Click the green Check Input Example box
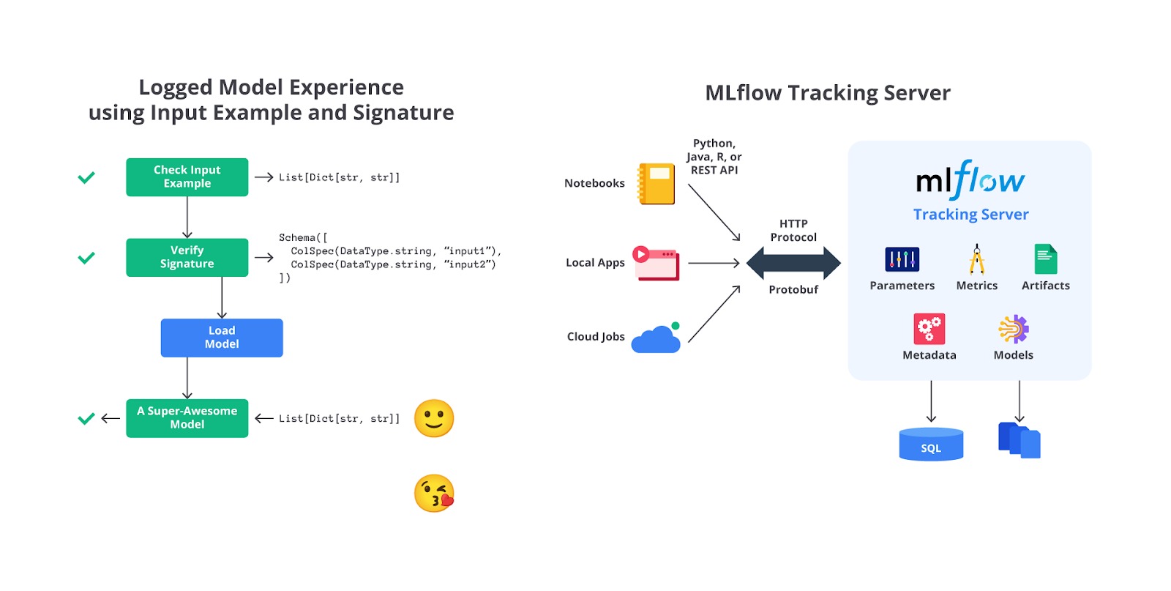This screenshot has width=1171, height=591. (187, 177)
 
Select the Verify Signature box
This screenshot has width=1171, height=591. (187, 257)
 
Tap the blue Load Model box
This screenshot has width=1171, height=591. (222, 338)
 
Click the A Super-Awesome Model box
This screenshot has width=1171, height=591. (187, 418)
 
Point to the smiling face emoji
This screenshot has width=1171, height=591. (434, 418)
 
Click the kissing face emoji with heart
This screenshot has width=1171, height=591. (434, 493)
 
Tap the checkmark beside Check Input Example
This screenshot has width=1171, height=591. (86, 177)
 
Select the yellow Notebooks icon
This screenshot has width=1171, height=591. (656, 183)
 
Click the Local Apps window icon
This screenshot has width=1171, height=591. (656, 263)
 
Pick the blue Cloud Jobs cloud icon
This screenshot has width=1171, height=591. (656, 339)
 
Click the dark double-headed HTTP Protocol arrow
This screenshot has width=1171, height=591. (793, 263)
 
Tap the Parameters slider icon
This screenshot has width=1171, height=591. (902, 259)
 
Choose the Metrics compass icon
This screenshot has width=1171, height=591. (976, 259)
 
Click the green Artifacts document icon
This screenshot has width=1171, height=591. (1045, 259)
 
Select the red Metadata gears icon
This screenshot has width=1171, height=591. (929, 329)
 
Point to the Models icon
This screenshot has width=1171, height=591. (1014, 329)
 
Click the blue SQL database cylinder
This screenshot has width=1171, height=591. (931, 444)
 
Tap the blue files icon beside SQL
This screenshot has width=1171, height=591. (1020, 440)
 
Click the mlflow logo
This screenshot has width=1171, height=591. (970, 180)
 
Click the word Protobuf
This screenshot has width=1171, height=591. (793, 290)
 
